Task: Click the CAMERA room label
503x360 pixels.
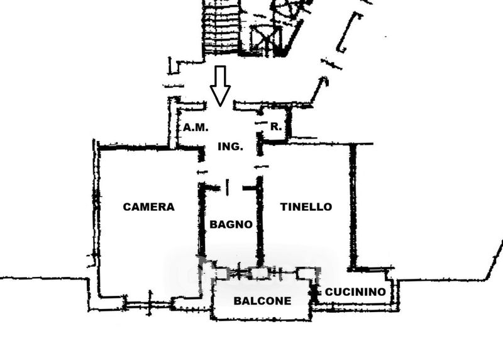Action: click(x=149, y=206)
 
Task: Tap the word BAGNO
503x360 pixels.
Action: click(x=231, y=224)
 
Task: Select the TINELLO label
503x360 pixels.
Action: click(x=306, y=206)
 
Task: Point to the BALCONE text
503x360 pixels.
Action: click(x=262, y=301)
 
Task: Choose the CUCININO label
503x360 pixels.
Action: click(x=355, y=292)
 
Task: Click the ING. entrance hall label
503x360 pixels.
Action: click(x=230, y=147)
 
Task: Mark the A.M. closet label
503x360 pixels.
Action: click(x=196, y=127)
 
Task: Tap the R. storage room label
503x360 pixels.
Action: click(x=275, y=127)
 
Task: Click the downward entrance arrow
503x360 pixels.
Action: click(x=220, y=85)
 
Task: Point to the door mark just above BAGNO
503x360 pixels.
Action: click(x=228, y=186)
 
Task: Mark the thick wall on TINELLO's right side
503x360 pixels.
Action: click(x=353, y=208)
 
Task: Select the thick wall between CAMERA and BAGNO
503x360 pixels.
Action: click(x=202, y=220)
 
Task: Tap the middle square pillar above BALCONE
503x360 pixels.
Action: click(x=259, y=273)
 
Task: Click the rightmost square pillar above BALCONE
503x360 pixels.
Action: click(x=305, y=273)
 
